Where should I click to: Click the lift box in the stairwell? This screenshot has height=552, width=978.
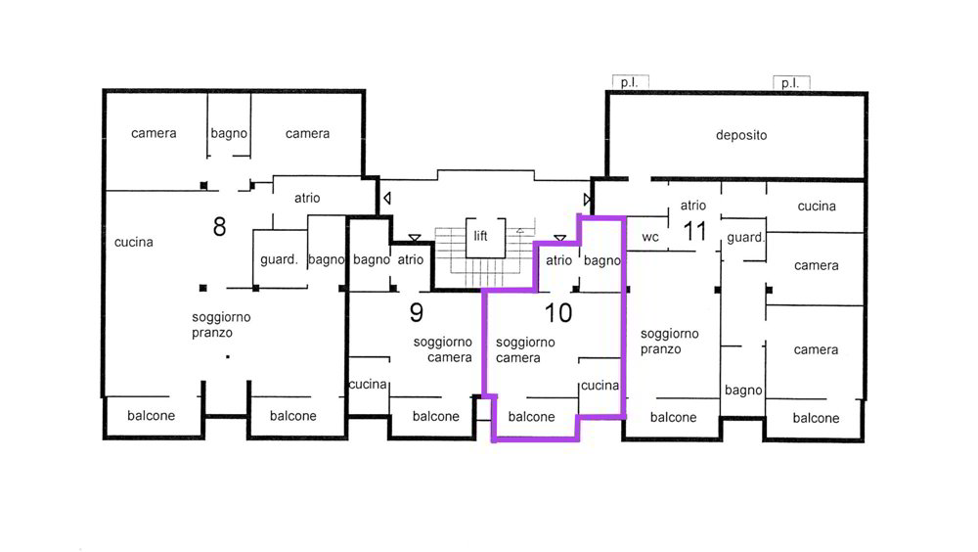click(x=485, y=237)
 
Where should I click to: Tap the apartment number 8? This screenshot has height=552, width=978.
click(x=219, y=227)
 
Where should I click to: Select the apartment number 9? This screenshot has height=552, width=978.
click(x=417, y=312)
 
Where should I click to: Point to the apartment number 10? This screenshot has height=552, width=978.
click(x=558, y=313)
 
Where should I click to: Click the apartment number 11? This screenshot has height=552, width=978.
click(x=694, y=232)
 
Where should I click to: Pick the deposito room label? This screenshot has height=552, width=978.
click(x=741, y=135)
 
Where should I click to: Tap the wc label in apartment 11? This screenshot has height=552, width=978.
click(x=650, y=237)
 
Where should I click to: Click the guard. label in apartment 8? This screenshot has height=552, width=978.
click(x=279, y=259)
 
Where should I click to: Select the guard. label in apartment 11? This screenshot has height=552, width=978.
click(x=745, y=237)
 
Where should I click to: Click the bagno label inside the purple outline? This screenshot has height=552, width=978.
click(x=601, y=260)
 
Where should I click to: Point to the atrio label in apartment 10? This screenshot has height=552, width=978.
click(x=558, y=259)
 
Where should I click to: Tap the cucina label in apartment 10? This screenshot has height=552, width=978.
click(x=600, y=386)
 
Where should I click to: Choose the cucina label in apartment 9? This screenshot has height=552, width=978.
click(x=368, y=384)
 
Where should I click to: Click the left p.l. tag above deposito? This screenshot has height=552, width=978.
click(x=630, y=82)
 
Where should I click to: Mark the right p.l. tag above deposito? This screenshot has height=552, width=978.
click(x=791, y=82)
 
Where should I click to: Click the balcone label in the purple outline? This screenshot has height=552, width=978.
click(x=531, y=417)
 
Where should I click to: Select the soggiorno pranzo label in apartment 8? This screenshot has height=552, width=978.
click(x=221, y=325)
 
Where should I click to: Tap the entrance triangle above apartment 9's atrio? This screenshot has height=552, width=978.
click(x=414, y=238)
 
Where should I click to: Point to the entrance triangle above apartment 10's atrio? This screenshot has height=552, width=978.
click(x=560, y=239)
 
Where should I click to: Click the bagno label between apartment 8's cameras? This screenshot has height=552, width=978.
click(x=229, y=134)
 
